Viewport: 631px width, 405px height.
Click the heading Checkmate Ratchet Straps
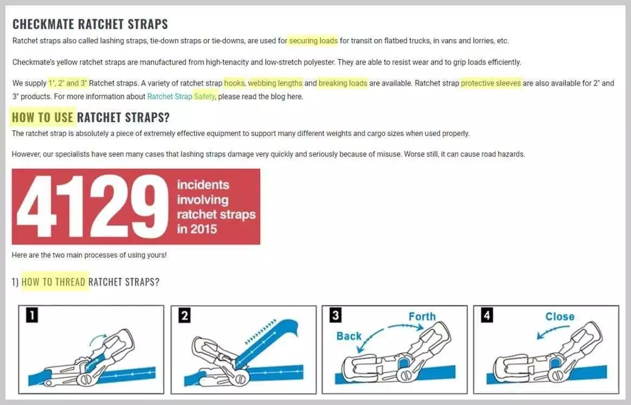click(x=90, y=24)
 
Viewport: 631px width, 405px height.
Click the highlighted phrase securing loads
click(x=313, y=41)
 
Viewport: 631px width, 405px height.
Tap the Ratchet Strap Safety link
click(x=181, y=97)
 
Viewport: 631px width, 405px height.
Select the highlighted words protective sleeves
click(x=491, y=84)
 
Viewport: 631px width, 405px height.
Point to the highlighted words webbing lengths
click(x=275, y=84)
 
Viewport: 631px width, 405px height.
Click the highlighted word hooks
click(x=234, y=84)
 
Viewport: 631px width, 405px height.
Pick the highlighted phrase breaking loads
click(x=343, y=84)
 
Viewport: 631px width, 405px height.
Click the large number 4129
click(x=92, y=206)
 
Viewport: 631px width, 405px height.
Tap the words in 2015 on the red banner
click(x=197, y=229)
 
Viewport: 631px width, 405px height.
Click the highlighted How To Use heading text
click(x=43, y=117)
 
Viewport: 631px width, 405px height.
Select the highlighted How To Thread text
click(x=54, y=282)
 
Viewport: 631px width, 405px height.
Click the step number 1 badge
click(x=32, y=315)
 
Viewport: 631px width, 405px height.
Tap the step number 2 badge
click(x=185, y=315)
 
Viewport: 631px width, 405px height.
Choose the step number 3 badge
click(x=336, y=315)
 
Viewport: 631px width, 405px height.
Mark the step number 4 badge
click(x=487, y=315)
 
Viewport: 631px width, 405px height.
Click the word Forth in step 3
click(x=422, y=317)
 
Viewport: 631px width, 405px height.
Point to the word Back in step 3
click(x=349, y=336)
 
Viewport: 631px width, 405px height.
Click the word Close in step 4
click(x=560, y=317)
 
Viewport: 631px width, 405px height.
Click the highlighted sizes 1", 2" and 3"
click(x=68, y=84)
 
